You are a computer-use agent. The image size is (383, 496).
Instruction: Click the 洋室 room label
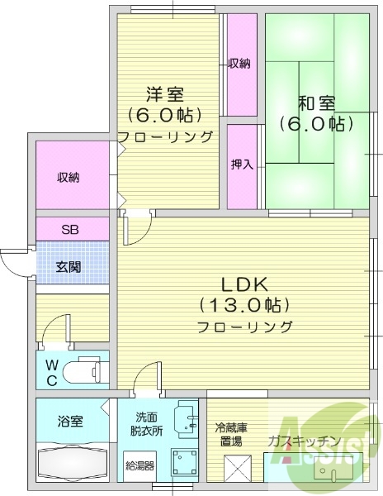(x=165, y=94)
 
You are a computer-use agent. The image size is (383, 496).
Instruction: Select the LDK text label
(x=244, y=281)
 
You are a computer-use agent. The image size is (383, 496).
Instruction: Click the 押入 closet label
(x=242, y=165)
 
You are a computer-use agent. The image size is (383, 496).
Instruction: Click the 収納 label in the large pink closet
(x=69, y=177)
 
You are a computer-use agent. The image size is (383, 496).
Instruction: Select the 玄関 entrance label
(x=69, y=266)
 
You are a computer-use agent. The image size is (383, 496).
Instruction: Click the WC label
(x=51, y=370)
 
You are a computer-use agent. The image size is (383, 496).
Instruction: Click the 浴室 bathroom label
(x=70, y=422)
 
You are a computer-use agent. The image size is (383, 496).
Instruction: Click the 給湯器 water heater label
(x=139, y=465)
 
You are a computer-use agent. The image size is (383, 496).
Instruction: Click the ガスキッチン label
(x=304, y=441)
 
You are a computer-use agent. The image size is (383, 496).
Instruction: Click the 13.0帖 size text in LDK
(x=244, y=303)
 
